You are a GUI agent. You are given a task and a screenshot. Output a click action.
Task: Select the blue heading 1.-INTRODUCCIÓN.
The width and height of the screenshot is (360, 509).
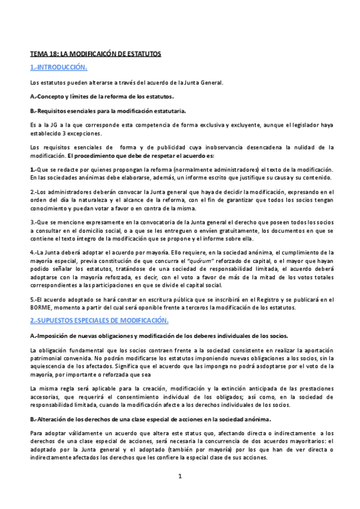click(59, 67)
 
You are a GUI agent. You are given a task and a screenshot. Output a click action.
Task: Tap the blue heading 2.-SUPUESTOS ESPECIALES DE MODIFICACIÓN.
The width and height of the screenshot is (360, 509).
click(99, 320)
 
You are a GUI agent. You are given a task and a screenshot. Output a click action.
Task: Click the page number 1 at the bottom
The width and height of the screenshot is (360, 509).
click(179, 477)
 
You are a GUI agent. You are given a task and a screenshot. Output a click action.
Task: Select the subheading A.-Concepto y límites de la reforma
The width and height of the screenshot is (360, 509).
click(102, 96)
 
